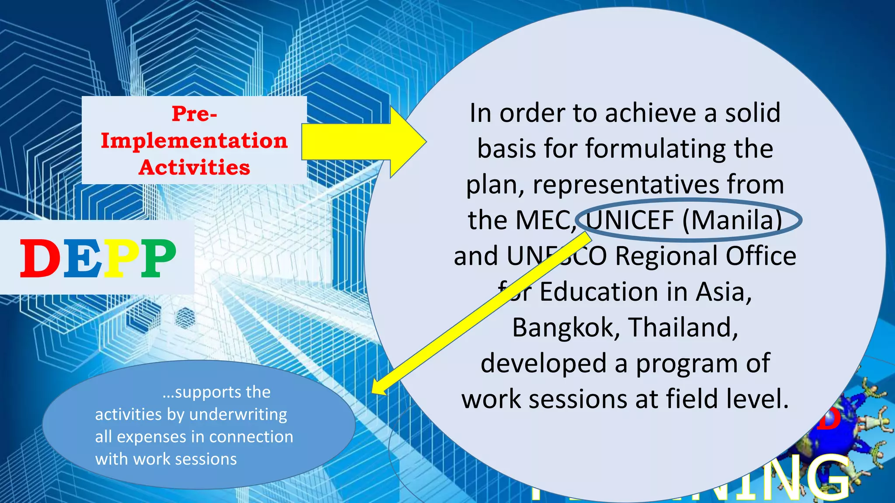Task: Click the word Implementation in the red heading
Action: click(194, 141)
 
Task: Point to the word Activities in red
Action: click(194, 167)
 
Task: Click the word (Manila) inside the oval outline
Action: click(732, 220)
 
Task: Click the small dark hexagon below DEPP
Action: click(185, 318)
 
